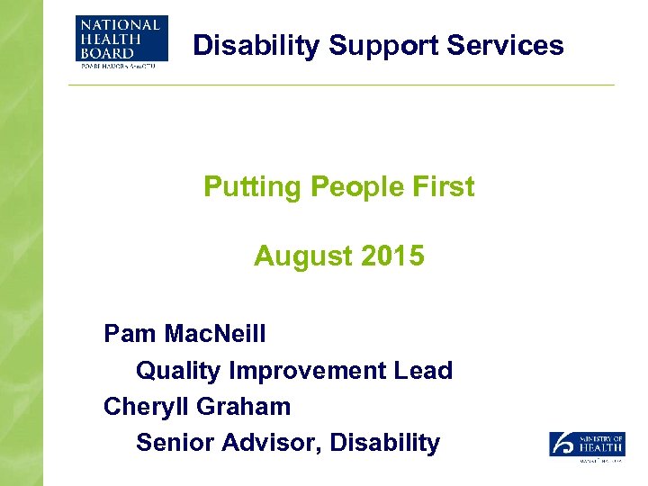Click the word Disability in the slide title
click(x=256, y=45)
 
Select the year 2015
click(x=391, y=256)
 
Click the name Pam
click(x=130, y=334)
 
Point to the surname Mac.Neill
click(x=216, y=334)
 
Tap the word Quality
click(x=179, y=370)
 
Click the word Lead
click(x=426, y=370)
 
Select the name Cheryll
click(x=146, y=406)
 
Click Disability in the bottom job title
click(x=385, y=442)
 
